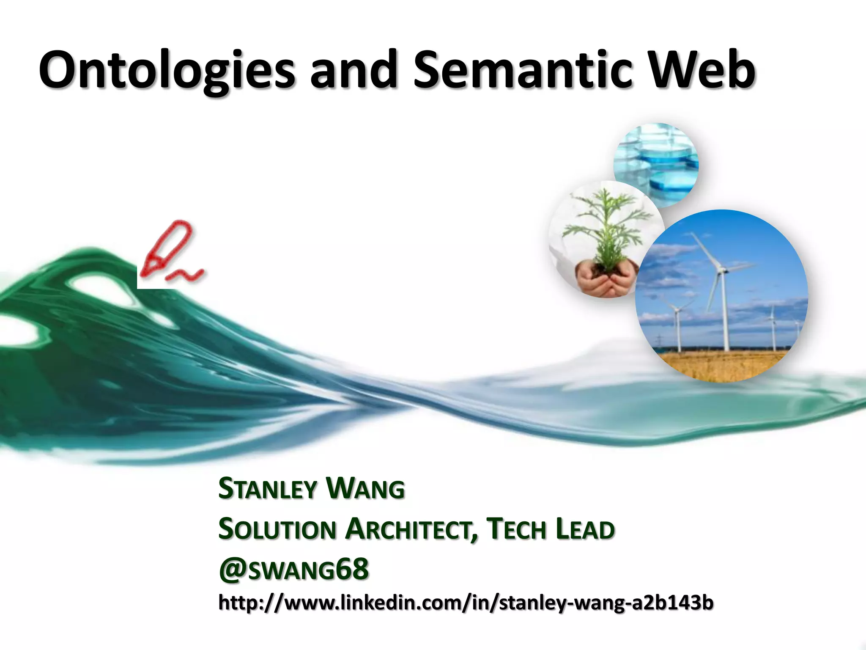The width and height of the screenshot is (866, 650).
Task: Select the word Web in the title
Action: pos(702,70)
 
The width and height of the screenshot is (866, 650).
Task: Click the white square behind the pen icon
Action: pos(146,281)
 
